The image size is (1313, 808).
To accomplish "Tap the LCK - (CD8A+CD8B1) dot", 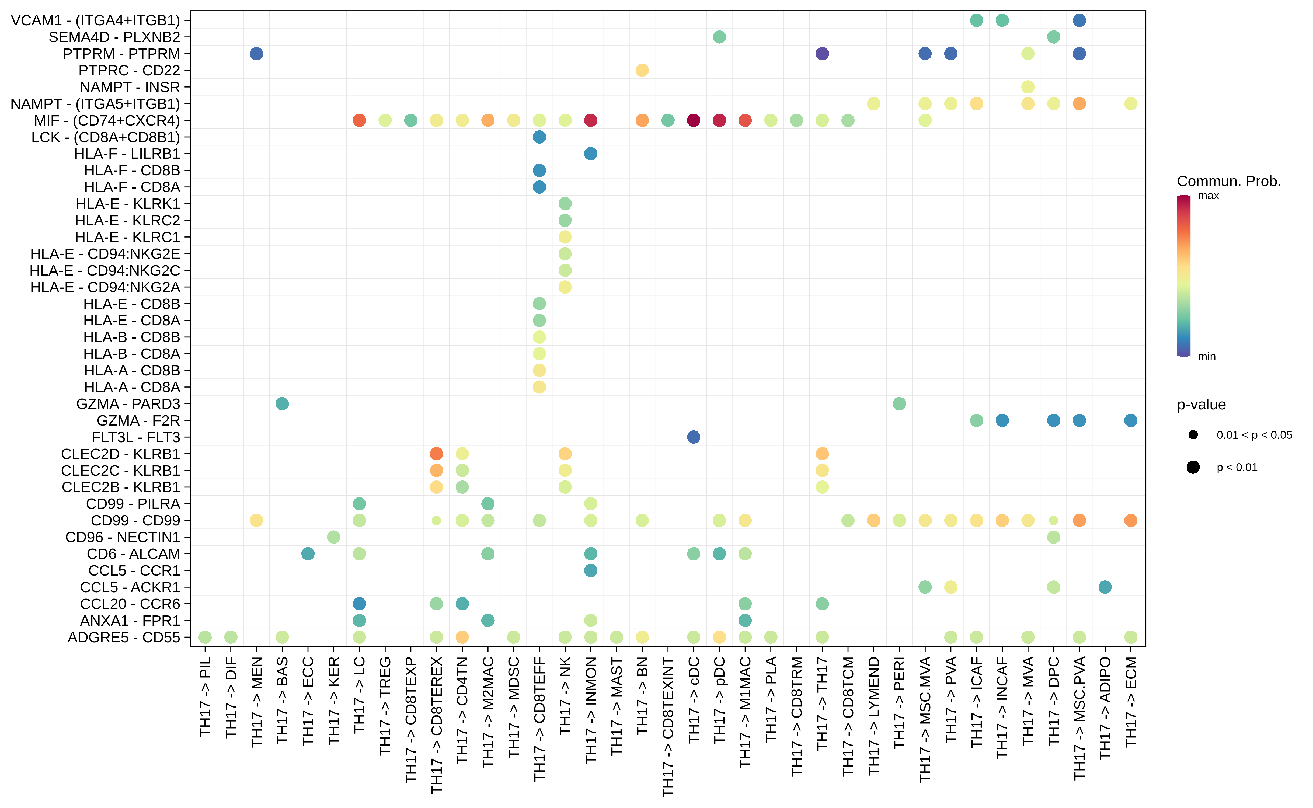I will click(539, 137).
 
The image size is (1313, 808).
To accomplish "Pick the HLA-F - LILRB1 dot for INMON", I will click(590, 154).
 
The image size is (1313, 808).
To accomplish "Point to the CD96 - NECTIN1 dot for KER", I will click(333, 537).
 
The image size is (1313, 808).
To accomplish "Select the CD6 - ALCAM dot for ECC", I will click(308, 554).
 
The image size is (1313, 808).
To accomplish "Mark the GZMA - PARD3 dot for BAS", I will click(282, 404).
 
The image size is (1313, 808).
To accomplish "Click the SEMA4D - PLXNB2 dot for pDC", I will click(719, 37).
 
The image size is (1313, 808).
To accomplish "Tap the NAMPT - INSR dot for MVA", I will click(1028, 87).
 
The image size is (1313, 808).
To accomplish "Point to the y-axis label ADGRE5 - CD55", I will click(124, 638).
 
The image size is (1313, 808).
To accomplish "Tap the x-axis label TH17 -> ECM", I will click(1131, 701).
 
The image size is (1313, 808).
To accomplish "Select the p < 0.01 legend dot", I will click(1193, 468).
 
